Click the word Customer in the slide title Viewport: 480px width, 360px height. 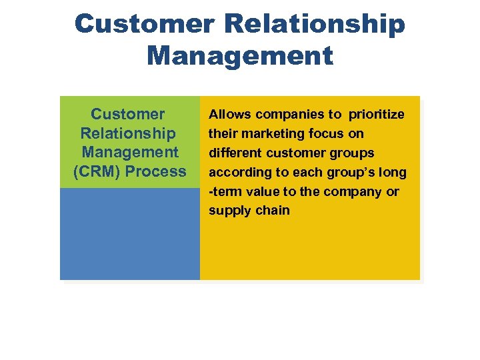tap(144, 24)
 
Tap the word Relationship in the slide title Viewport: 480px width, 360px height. tap(315, 24)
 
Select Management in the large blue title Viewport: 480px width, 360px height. tap(240, 55)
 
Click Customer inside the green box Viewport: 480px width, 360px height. tap(128, 114)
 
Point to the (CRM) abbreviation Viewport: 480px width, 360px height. tap(97, 171)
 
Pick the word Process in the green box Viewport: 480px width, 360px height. tap(156, 171)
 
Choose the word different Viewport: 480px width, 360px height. tap(233, 153)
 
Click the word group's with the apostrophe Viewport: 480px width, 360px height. tap(352, 173)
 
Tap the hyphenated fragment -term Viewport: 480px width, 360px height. tap(225, 192)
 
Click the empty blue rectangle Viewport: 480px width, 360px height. tap(129, 233)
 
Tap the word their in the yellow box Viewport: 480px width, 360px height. tap(221, 134)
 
